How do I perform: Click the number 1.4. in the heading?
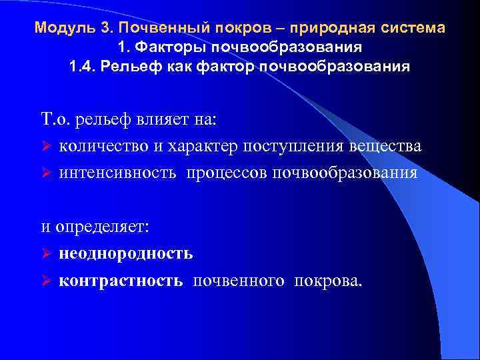click(83, 68)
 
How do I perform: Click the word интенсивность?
click(117, 172)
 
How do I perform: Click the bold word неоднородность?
click(126, 253)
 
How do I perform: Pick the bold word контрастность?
click(121, 280)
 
